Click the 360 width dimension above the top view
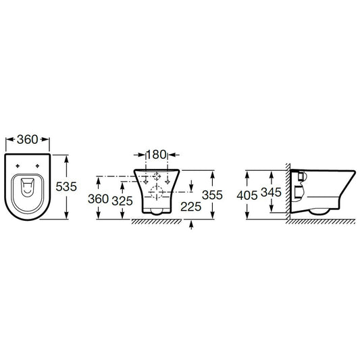coord(27,139)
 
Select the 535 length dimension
coord(66,186)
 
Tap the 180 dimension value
coord(156,155)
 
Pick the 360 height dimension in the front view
coord(98,199)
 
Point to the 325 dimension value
coord(122,201)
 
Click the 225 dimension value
coord(190,207)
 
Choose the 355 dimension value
coord(212,195)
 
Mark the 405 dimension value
coord(247,196)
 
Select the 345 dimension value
coord(271,192)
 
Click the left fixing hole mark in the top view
coord(18,165)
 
